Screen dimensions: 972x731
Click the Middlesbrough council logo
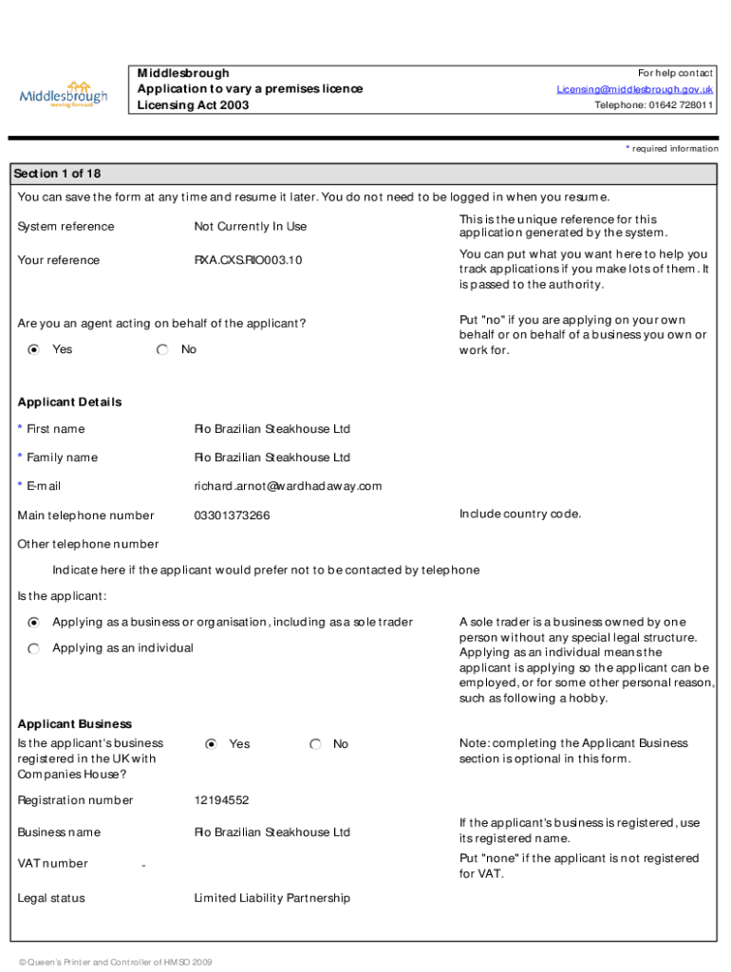click(x=64, y=94)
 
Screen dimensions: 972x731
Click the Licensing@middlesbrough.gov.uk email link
click(x=634, y=89)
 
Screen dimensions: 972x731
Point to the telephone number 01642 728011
click(x=654, y=105)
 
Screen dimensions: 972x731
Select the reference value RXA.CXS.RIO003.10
click(x=248, y=260)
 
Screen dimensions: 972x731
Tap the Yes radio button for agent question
click(x=34, y=350)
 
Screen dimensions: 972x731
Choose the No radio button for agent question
click(x=163, y=350)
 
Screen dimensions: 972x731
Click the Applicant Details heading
click(x=69, y=402)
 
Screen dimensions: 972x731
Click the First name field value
click(x=272, y=429)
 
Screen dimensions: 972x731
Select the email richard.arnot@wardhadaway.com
click(x=288, y=486)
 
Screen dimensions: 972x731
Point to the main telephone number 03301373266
click(x=232, y=515)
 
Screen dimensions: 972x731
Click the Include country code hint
click(x=520, y=514)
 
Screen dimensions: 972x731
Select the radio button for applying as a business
click(x=34, y=623)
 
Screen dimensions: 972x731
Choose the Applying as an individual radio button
click(x=34, y=648)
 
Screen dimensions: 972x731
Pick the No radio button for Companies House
click(x=315, y=744)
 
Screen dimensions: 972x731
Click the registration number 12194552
click(x=221, y=800)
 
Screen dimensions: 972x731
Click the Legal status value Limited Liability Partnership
click(x=272, y=898)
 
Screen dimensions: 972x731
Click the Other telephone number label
click(x=88, y=545)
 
